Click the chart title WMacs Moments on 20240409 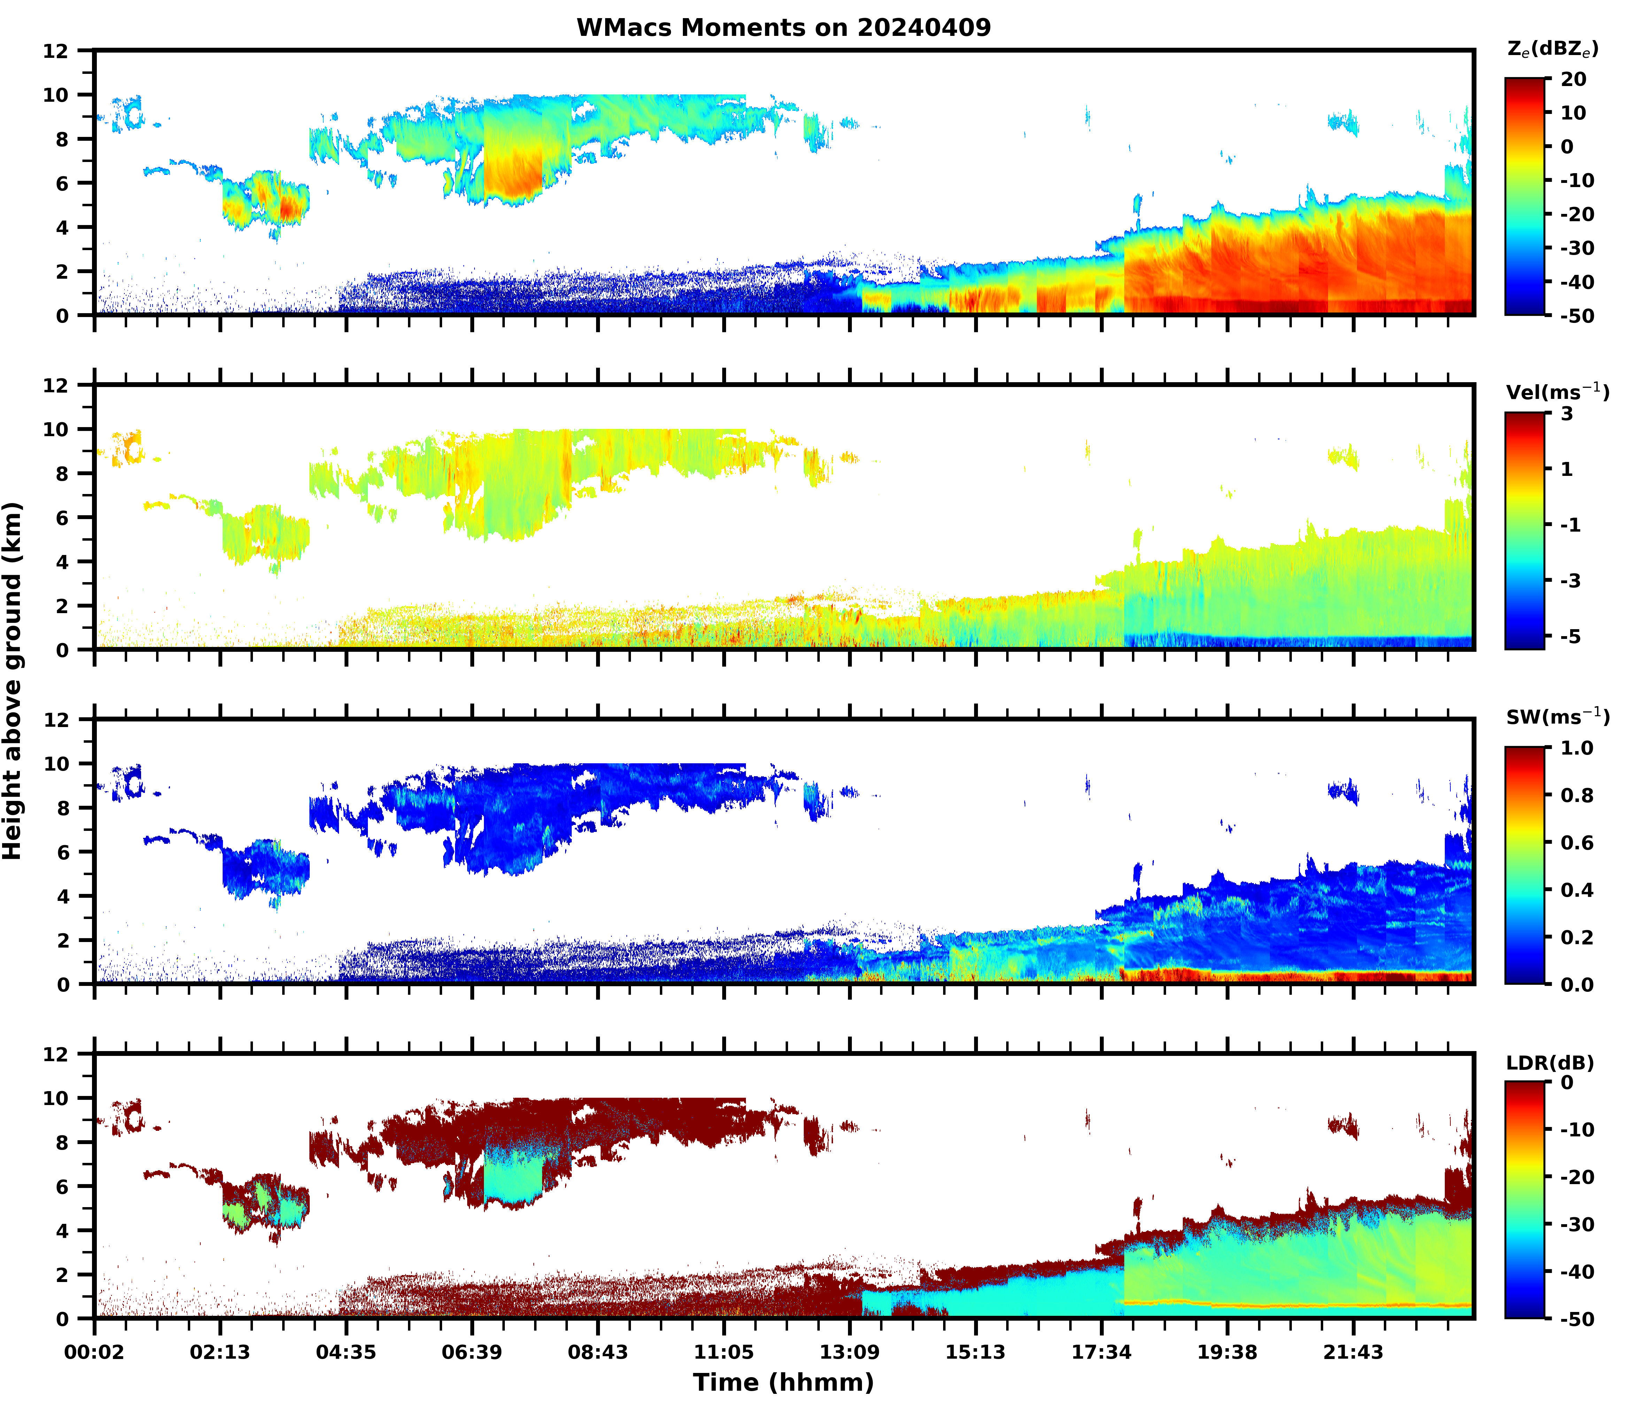click(783, 28)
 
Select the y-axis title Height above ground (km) click(13, 680)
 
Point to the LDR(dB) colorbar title click(1550, 1063)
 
